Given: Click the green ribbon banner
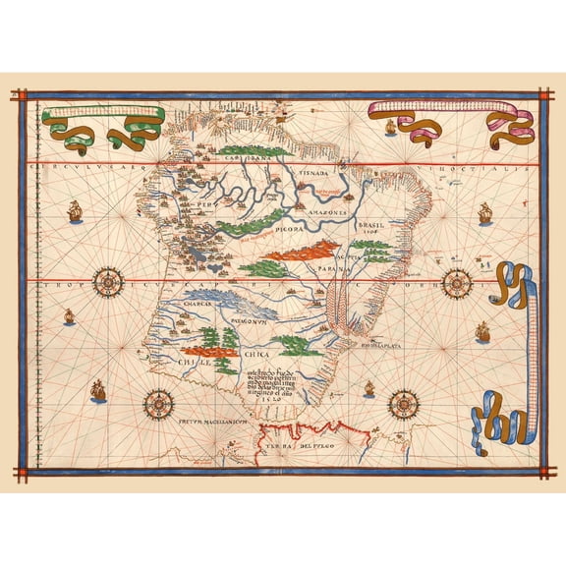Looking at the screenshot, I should [x=103, y=126].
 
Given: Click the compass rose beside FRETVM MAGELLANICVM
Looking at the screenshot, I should [x=158, y=402].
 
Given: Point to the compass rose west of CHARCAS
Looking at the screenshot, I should [x=107, y=283].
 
